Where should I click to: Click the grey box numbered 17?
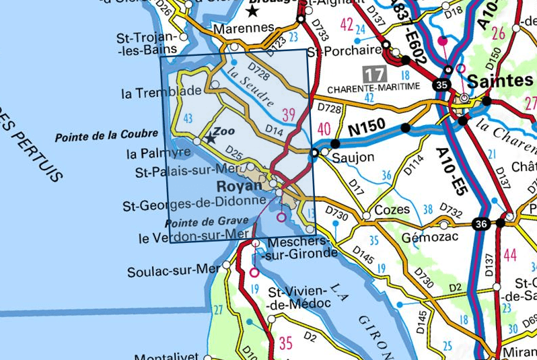point(374,73)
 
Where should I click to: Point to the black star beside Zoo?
point(211,139)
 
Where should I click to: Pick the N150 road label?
point(367,127)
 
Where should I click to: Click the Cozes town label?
point(392,209)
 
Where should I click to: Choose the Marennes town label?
point(244,29)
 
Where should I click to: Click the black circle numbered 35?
point(441,85)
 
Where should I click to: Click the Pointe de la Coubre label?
point(106,136)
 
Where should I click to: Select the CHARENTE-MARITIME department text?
point(373,87)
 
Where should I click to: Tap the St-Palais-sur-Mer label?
point(190,172)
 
